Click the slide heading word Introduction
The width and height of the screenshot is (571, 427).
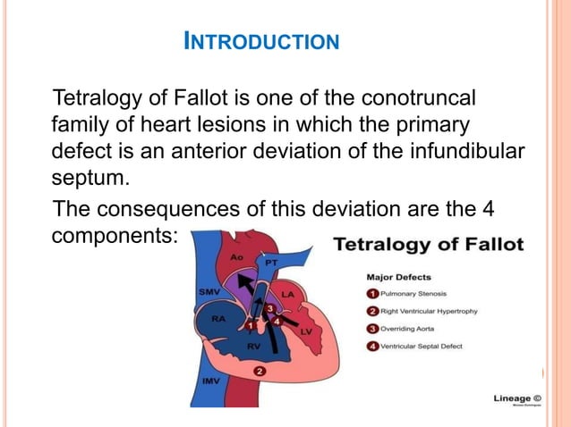click(x=260, y=41)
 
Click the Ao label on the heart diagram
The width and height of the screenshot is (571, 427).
click(x=236, y=257)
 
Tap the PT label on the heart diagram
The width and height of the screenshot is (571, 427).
click(x=273, y=264)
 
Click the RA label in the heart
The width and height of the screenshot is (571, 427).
click(x=217, y=317)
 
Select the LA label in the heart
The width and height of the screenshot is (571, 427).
click(x=288, y=293)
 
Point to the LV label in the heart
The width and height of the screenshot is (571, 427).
click(x=306, y=331)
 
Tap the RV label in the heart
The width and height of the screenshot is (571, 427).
click(x=253, y=344)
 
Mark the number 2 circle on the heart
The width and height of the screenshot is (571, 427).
click(x=259, y=370)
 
